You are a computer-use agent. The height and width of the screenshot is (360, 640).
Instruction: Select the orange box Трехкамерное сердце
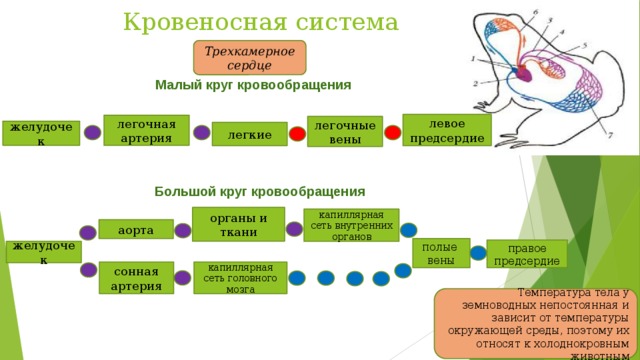(x=249, y=58)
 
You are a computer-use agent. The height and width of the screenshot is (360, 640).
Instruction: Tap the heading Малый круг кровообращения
(x=253, y=85)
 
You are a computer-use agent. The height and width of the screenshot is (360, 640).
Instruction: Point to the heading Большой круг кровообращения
(x=259, y=191)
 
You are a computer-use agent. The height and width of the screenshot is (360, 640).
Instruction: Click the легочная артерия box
(x=146, y=130)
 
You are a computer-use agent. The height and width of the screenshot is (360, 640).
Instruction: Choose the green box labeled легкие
(x=249, y=134)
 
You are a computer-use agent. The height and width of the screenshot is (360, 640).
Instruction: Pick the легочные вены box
(x=344, y=131)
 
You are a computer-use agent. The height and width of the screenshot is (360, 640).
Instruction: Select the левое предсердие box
(x=447, y=130)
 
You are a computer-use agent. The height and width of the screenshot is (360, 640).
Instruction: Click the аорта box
(x=135, y=230)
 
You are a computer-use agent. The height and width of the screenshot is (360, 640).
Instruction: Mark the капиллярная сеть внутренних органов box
(x=351, y=225)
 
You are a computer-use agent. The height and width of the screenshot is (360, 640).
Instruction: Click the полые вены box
(x=440, y=253)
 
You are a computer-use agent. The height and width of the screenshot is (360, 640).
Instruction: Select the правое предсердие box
(x=526, y=254)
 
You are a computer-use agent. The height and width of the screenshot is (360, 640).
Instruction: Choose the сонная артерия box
(x=135, y=277)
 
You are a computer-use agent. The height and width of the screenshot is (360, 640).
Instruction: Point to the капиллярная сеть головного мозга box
(x=240, y=277)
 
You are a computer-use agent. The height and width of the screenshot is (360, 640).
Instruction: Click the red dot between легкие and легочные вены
(x=297, y=134)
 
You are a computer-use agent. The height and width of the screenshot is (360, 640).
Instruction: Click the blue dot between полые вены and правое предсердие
(x=478, y=253)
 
